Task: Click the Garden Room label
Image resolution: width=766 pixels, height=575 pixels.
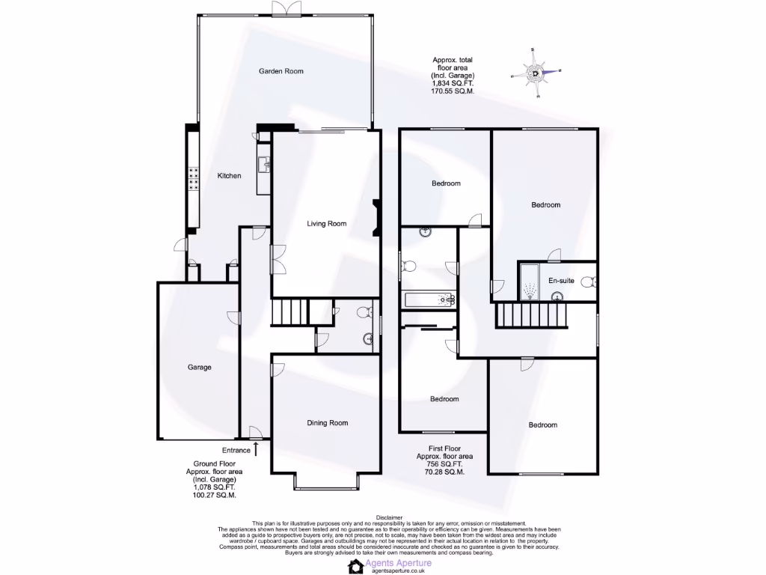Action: (281, 71)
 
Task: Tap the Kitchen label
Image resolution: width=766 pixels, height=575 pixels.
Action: (229, 176)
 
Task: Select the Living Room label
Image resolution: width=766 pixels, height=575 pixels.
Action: (327, 223)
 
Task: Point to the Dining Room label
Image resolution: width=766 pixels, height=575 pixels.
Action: (328, 423)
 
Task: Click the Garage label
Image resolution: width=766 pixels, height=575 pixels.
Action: (199, 368)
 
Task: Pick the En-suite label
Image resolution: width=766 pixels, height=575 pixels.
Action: (561, 281)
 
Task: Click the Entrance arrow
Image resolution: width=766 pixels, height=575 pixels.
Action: (256, 449)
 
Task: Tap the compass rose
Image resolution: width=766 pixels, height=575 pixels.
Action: (536, 73)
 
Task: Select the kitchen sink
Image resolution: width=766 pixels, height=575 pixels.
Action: (263, 162)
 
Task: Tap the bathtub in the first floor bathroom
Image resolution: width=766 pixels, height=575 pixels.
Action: (430, 300)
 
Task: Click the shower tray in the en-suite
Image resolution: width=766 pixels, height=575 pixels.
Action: (530, 282)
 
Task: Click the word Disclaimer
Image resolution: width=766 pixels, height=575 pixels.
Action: (389, 517)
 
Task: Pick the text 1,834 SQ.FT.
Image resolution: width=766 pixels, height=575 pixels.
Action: (453, 84)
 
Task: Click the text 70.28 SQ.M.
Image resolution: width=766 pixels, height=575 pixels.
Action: (445, 473)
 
